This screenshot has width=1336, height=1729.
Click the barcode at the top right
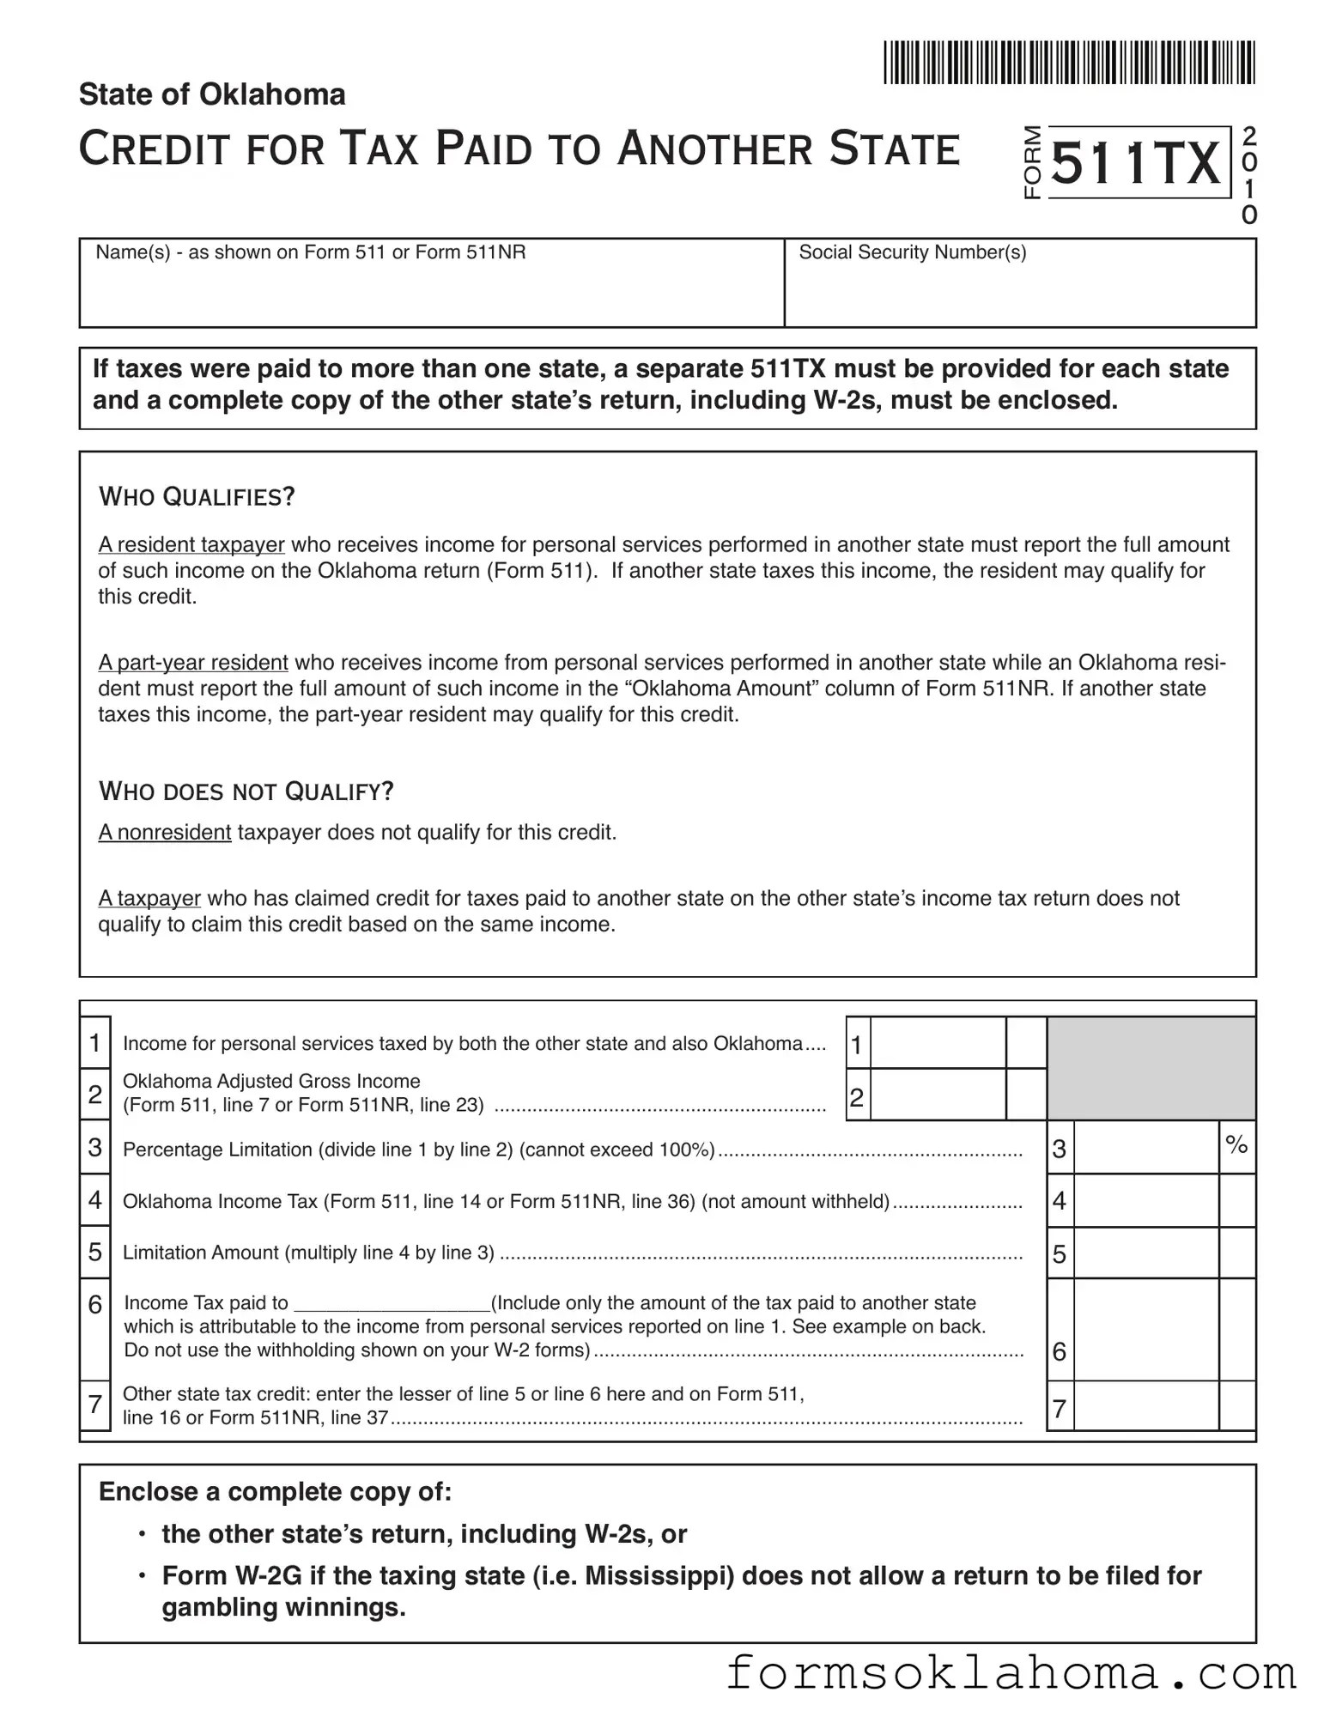coord(1069,63)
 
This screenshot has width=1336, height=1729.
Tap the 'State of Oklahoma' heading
coord(212,94)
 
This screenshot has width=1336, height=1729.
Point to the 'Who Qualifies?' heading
coord(197,497)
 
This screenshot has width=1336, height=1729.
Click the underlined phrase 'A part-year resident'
coord(193,663)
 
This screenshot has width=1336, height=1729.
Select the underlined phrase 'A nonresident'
coord(165,833)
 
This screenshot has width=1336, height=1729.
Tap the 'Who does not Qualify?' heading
coord(246,791)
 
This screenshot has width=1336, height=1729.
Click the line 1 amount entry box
coord(938,1043)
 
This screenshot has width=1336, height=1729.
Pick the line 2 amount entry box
coord(938,1095)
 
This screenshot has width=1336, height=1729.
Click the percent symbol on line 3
coord(1236,1144)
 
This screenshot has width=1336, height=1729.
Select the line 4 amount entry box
coord(1146,1200)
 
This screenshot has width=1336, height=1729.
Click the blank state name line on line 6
coord(392,1304)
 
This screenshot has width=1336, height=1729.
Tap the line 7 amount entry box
coord(1146,1406)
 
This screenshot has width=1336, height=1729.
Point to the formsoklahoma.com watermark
coord(1011,1674)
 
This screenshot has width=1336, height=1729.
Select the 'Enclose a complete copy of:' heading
coord(275,1492)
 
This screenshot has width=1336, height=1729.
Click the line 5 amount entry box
coord(1146,1253)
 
